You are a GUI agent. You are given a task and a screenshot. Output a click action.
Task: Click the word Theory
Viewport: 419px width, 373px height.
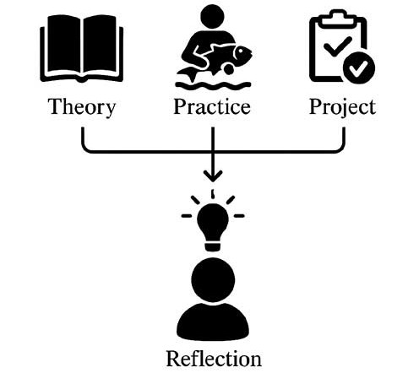pos(82,107)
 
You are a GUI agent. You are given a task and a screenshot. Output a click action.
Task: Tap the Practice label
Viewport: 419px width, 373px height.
pos(212,106)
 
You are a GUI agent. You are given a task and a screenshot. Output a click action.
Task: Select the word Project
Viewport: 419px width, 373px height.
pos(342,107)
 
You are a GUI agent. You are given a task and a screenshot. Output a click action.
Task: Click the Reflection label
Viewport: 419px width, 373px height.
pos(214,359)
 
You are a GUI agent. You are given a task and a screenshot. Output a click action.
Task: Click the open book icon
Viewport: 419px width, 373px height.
pos(82,49)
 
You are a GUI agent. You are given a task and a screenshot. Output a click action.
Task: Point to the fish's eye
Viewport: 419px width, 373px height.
pos(240,51)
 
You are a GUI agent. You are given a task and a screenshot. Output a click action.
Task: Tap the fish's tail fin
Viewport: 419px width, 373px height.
pos(188,73)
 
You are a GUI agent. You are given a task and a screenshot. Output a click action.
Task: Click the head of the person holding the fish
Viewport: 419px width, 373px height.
pos(212,16)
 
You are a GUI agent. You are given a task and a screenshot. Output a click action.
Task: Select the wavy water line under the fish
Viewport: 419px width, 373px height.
pos(213,85)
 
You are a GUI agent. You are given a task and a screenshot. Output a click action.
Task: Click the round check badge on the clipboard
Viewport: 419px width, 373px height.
pos(359,68)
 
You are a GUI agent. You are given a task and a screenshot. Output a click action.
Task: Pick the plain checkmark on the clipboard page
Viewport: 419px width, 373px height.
pos(337,46)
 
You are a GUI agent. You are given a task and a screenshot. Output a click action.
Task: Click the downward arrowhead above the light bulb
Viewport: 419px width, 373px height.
pos(213,176)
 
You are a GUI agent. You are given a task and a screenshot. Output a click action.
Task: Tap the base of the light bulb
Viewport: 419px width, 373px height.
pos(213,246)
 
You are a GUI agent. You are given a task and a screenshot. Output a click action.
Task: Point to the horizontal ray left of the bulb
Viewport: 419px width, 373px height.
pos(187,216)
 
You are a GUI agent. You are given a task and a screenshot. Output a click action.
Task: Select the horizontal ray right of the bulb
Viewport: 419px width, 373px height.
pos(239,216)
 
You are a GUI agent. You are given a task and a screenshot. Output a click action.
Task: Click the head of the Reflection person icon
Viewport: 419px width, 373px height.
pos(213,280)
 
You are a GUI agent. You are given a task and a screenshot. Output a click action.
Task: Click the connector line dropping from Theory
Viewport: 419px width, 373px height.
pos(83,139)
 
